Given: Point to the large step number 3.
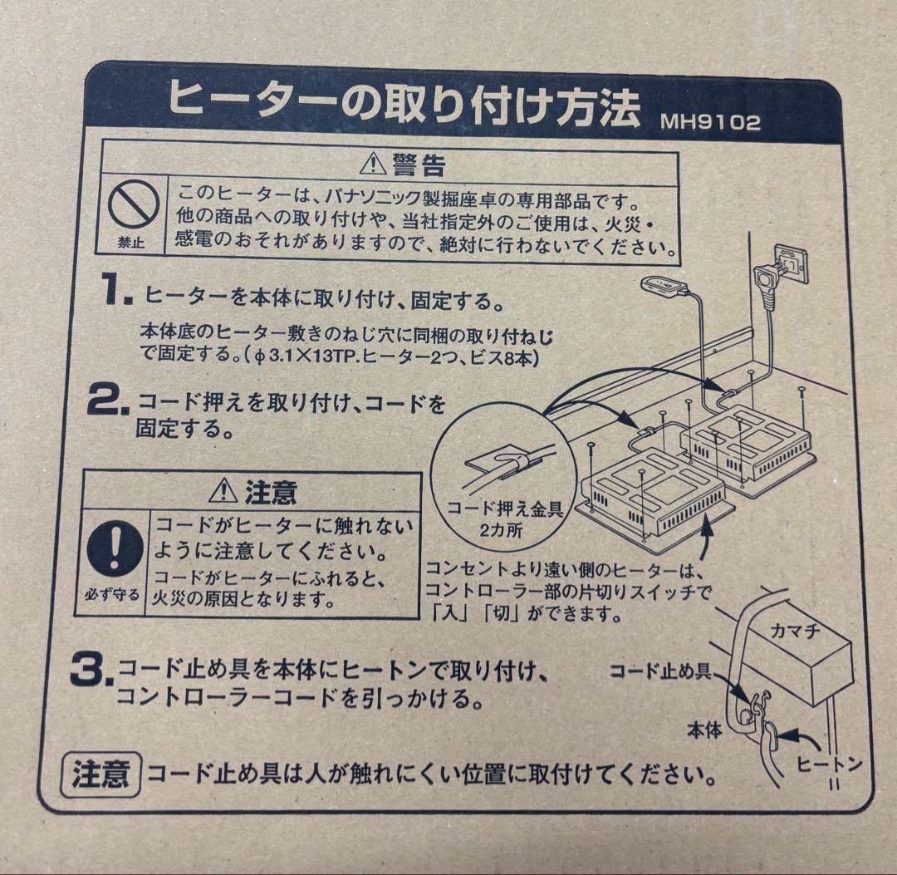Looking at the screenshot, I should (90, 672).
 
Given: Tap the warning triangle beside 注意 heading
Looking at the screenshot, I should (223, 493).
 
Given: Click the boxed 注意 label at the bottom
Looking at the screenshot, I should (100, 775).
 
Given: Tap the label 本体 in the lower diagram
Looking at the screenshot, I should (703, 730).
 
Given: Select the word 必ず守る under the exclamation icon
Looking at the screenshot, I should (113, 596).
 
